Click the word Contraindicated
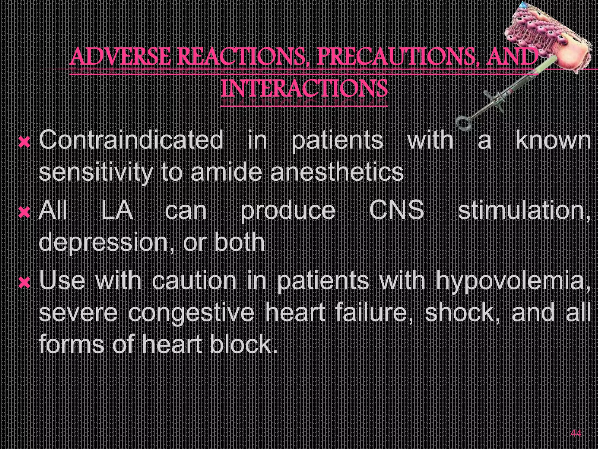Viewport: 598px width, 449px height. (131, 140)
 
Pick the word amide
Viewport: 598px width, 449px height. (226, 172)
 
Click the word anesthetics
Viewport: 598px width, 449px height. (337, 172)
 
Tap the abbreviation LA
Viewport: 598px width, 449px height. (117, 210)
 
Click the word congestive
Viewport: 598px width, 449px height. (191, 313)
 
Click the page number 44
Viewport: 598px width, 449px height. (576, 433)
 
